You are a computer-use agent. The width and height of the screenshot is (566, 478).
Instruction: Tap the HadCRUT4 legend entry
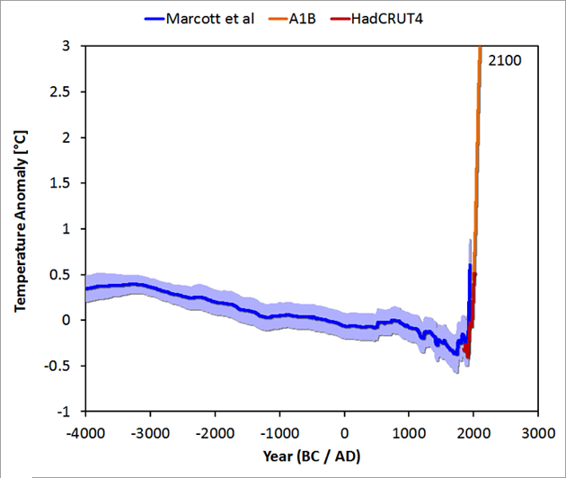click(x=386, y=18)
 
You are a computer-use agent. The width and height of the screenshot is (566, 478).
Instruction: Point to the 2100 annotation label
click(x=500, y=61)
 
